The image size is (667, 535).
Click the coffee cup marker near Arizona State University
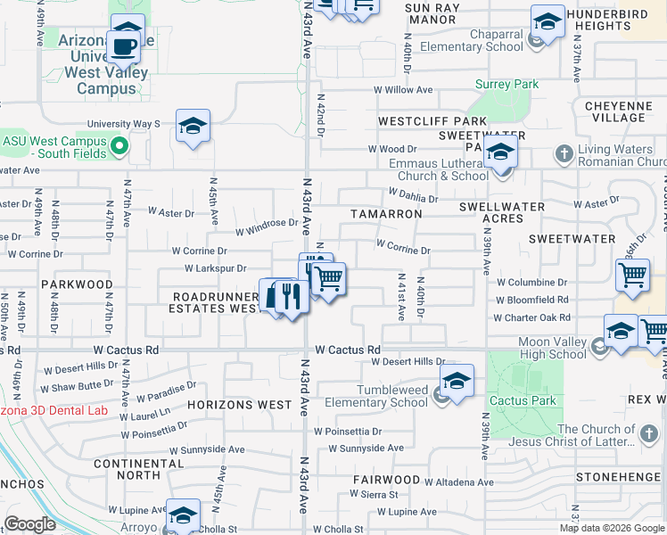tap(123, 45)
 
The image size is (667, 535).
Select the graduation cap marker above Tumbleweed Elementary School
tap(457, 382)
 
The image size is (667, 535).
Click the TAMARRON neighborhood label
tap(385, 214)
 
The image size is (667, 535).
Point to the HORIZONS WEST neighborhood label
tap(240, 405)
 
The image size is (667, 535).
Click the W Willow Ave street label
tap(402, 90)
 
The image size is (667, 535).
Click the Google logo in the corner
tap(29, 524)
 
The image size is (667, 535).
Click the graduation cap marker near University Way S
tap(192, 126)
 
